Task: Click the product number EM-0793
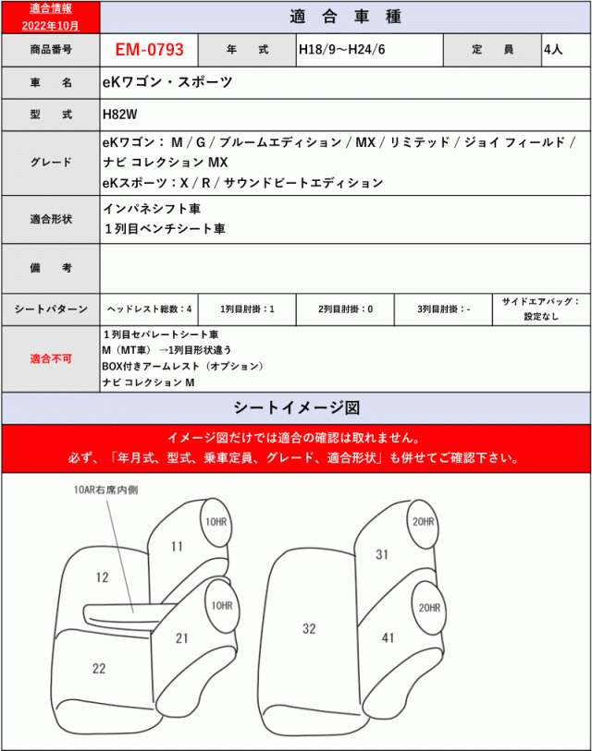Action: (x=149, y=49)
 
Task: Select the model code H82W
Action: (x=120, y=116)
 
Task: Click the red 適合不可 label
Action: (x=51, y=358)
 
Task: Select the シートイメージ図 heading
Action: (x=296, y=407)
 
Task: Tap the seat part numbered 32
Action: (x=309, y=629)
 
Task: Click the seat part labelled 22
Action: (x=99, y=667)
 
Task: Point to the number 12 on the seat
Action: (x=102, y=577)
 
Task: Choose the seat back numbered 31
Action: (x=382, y=554)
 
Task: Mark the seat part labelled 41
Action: (x=388, y=637)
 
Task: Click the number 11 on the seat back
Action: (x=177, y=546)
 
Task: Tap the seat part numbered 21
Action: (x=182, y=637)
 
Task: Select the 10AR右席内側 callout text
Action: (x=106, y=490)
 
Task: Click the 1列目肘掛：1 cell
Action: (x=248, y=309)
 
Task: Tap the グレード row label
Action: (x=51, y=162)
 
